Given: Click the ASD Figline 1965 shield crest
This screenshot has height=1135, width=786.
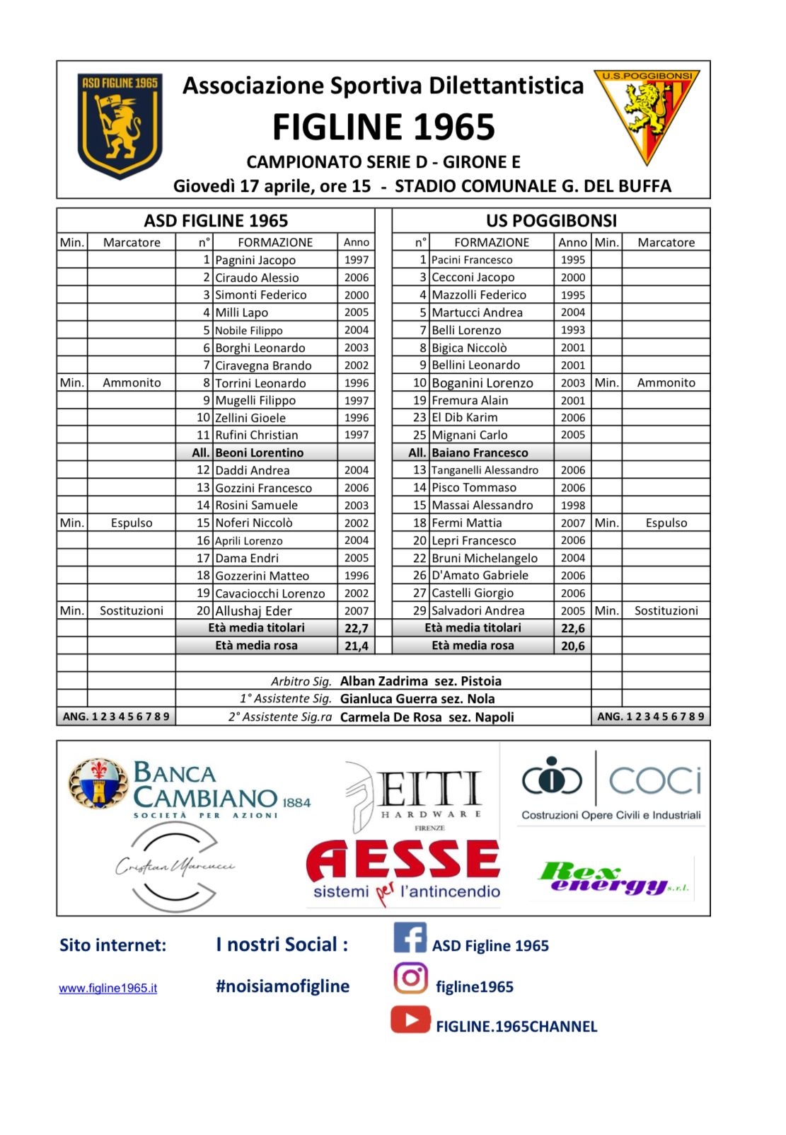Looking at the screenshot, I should [120, 125].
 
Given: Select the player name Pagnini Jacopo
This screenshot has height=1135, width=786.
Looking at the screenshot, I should [255, 260].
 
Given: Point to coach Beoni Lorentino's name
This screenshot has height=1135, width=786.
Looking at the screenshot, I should [259, 452].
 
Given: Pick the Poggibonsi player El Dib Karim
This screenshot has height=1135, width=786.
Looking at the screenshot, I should [464, 418].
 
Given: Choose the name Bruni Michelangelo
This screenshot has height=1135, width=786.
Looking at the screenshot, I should [485, 558].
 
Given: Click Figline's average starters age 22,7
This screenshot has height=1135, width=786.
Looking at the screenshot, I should [356, 628].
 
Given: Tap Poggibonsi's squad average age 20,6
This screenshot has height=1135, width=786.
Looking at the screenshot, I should [572, 646].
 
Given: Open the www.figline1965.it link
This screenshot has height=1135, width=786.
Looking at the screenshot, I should [108, 988].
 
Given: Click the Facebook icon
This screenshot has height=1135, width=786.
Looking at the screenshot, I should [410, 938].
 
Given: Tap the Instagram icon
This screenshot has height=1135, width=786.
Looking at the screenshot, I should [410, 979].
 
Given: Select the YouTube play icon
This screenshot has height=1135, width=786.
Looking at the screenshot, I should [410, 1020].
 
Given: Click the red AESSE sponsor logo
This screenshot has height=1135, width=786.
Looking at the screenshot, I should [403, 869].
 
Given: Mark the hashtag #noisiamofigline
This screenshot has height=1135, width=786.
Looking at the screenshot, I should [282, 986].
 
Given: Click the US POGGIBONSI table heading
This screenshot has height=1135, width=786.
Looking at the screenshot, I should [551, 221].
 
